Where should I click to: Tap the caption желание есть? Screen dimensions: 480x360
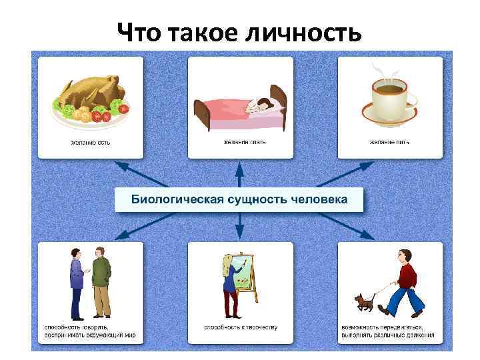coord(90,142)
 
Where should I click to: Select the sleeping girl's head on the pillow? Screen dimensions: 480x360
coord(262,104)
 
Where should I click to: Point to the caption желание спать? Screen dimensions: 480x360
coord(240,142)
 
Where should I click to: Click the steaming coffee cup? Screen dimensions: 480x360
coord(390,97)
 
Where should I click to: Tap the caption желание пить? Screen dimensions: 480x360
coord(390,142)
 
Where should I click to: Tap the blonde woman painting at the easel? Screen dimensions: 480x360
coord(229,283)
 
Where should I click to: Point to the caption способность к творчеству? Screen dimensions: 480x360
coord(240,327)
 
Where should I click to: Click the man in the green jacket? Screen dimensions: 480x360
coord(101,280)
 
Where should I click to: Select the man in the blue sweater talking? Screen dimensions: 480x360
coord(77,280)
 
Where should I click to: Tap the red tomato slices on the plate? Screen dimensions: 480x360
coord(100,116)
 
